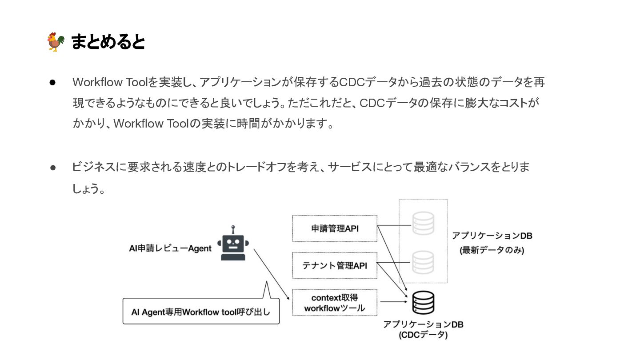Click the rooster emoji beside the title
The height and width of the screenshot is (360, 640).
point(56,42)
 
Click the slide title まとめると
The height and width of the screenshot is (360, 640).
point(108,42)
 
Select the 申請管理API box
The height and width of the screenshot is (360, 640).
point(334,228)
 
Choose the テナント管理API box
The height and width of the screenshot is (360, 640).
point(334,265)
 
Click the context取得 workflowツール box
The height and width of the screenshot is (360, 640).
point(334,303)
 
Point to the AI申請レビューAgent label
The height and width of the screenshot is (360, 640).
point(170,248)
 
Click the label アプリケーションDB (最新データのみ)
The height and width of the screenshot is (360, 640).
point(492,243)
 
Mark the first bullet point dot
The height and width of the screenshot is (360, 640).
point(52,82)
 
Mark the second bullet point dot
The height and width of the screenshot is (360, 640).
point(52,168)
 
